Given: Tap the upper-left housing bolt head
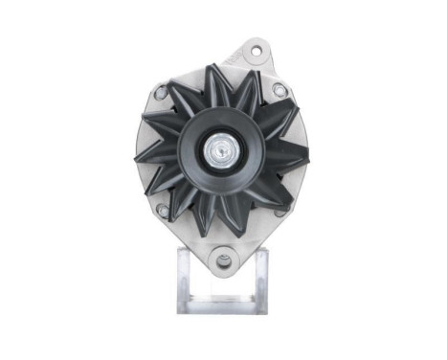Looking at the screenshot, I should tap(162, 92).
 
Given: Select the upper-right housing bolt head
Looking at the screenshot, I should tap(279, 89).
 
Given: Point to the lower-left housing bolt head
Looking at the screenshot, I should tap(163, 209).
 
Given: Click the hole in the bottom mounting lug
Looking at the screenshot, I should tap(223, 256).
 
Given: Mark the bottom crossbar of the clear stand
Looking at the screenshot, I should tap(222, 304).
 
